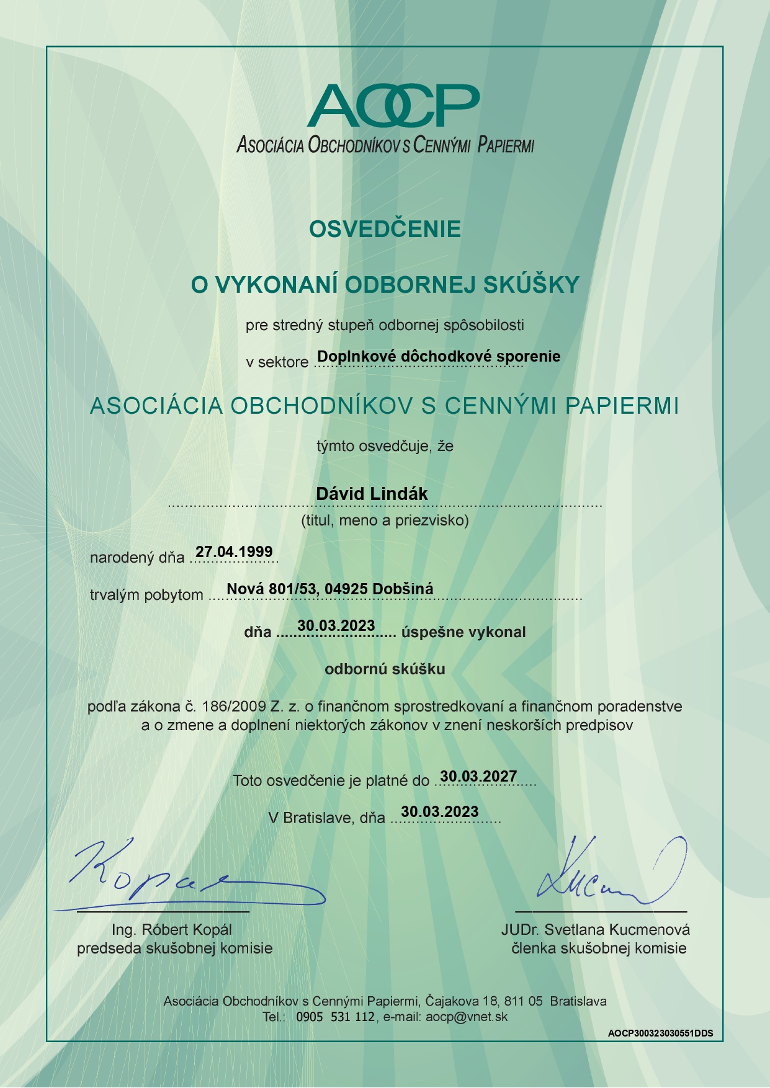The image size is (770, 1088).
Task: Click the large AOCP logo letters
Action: point(393,106)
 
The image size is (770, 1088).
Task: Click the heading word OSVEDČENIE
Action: point(385,229)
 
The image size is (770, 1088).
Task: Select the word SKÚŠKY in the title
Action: point(531,285)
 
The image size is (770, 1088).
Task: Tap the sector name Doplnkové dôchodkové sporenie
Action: point(439,357)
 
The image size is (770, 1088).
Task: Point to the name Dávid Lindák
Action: point(372,494)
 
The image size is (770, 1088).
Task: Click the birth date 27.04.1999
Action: point(234,551)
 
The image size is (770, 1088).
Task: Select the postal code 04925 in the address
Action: point(346,589)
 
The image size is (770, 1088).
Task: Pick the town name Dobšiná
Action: point(403,589)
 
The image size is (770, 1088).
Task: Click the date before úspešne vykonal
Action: point(336,625)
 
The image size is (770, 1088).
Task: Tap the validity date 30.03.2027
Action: point(478,777)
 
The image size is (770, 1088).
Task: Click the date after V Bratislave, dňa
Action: point(440,812)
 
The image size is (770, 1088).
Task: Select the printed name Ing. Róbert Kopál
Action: point(172,930)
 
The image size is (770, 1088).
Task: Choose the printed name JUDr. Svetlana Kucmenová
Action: point(596,930)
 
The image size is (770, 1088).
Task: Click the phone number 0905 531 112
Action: point(335,1017)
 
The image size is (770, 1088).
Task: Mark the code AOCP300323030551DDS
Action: point(660,1033)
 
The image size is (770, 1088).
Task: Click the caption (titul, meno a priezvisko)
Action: point(385,520)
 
